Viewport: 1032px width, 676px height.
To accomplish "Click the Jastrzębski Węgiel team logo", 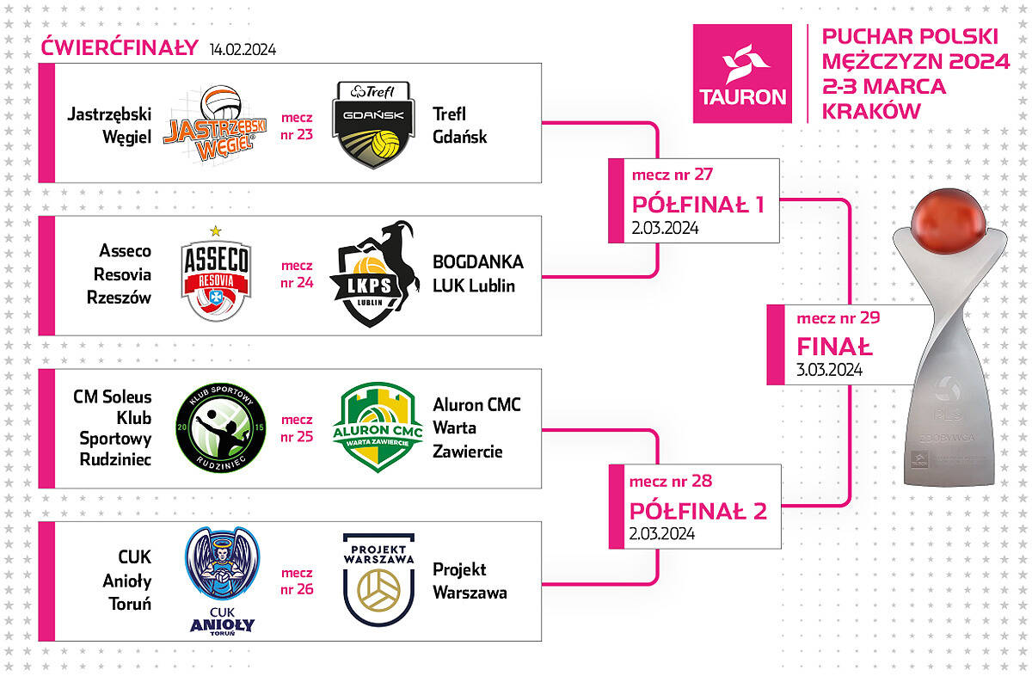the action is coord(215,124).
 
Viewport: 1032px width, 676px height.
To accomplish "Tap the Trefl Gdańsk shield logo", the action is coord(373,125).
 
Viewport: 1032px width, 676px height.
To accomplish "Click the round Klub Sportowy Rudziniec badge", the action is coord(221,428).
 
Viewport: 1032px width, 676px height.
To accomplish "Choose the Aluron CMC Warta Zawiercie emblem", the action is coord(378,427).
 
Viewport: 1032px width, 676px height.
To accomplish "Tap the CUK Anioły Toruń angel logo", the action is coord(222,581).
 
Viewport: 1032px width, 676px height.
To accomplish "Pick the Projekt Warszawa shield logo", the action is coord(378,580).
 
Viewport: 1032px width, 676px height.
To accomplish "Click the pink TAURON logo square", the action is coord(742,74).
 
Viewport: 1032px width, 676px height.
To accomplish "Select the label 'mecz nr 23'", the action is coord(297,126).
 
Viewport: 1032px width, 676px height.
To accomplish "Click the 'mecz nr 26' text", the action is coord(297,581).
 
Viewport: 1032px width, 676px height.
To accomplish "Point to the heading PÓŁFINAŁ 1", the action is coord(698,205).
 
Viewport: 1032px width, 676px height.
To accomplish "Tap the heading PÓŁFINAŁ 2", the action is coord(698,511).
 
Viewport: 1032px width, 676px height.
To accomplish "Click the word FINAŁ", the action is coord(834,347).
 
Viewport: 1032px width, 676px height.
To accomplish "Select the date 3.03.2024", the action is coord(829,370).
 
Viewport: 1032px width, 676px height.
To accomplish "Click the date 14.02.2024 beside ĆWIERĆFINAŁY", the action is coord(243,49).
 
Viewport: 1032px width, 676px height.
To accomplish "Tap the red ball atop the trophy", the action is coord(949,220).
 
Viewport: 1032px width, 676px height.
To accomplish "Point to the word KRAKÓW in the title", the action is coord(871,111).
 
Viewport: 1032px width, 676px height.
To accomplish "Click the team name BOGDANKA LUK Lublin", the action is coord(478,273).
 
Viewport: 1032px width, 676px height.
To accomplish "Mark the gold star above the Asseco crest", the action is coord(216,230).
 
